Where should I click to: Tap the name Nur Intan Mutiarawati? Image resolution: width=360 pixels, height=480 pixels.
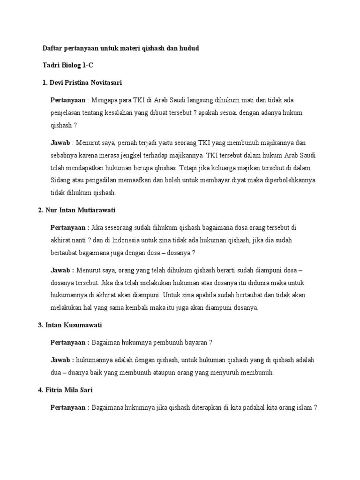point(80,210)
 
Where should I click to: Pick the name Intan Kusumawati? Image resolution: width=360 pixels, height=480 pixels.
point(74,325)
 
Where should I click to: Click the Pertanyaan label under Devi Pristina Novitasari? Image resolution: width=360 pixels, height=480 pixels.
point(68,100)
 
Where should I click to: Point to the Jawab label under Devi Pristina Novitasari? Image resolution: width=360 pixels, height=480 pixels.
point(60,142)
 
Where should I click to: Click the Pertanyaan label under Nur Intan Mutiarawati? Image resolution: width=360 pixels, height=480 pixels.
point(68,227)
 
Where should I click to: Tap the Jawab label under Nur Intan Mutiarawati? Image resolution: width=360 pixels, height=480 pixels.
point(60,270)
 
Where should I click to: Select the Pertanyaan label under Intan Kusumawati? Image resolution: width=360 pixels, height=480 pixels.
point(68,342)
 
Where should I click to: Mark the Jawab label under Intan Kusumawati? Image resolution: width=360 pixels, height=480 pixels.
point(60,360)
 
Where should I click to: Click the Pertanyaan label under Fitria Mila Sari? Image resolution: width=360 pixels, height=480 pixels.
point(68,407)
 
